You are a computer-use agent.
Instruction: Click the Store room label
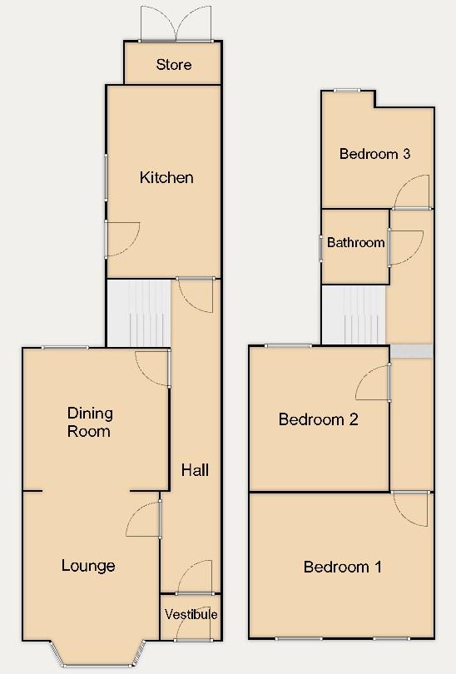[174, 65]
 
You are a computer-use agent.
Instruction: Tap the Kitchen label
[166, 177]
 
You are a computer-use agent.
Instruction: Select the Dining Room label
[90, 422]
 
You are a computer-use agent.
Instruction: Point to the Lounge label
[88, 566]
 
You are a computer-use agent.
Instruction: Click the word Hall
[195, 470]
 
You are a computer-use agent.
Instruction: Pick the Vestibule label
[191, 615]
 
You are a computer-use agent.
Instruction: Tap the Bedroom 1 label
[342, 567]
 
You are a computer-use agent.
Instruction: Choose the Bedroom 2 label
[318, 419]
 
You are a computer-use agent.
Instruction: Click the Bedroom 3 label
[374, 154]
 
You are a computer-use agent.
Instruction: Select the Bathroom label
[355, 243]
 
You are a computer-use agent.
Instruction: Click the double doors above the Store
[176, 23]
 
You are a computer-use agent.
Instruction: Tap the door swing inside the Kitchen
[122, 235]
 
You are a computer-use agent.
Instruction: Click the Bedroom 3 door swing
[413, 193]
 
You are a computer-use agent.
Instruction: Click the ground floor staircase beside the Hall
[138, 312]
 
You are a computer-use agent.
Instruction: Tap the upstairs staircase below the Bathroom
[354, 315]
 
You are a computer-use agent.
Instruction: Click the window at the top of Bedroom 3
[347, 90]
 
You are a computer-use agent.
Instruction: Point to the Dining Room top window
[66, 347]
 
